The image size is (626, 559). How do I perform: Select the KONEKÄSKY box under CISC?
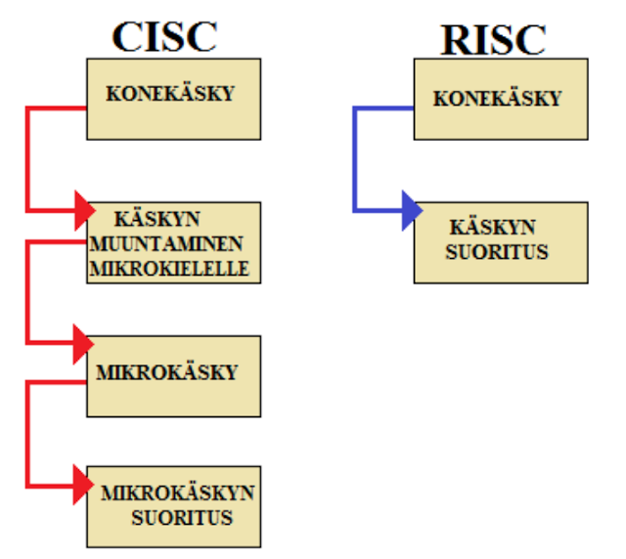click(x=174, y=99)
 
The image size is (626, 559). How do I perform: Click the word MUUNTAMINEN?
click(x=167, y=243)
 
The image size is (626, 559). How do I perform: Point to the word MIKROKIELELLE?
click(x=169, y=268)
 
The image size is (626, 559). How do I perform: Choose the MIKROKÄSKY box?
click(x=174, y=375)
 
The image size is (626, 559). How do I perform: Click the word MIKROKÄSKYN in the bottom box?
click(x=178, y=493)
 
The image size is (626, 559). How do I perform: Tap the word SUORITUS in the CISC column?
click(x=183, y=517)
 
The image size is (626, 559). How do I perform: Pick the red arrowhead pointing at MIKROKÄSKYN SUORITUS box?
click(x=83, y=485)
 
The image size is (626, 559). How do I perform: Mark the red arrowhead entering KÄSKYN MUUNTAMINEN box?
click(x=83, y=209)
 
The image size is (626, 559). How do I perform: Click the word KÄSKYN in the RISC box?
click(x=493, y=228)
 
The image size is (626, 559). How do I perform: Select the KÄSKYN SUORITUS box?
click(x=500, y=242)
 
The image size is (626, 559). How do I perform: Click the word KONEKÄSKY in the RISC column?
click(x=498, y=99)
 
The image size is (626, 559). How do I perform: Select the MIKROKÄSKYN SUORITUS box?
click(x=174, y=505)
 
